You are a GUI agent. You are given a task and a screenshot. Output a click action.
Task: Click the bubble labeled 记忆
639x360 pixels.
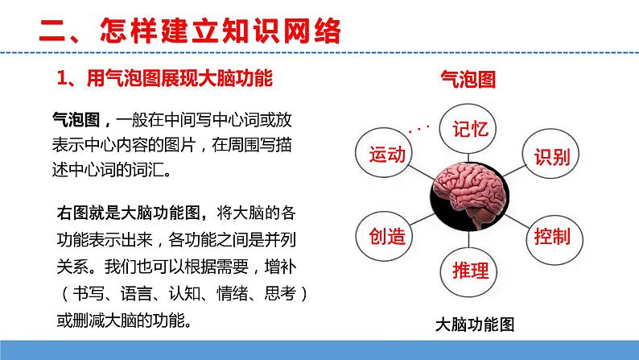(472, 130)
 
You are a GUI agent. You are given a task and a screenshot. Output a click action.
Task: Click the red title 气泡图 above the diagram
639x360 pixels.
(468, 79)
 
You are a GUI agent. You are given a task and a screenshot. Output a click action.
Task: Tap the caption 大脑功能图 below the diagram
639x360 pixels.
(474, 325)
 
